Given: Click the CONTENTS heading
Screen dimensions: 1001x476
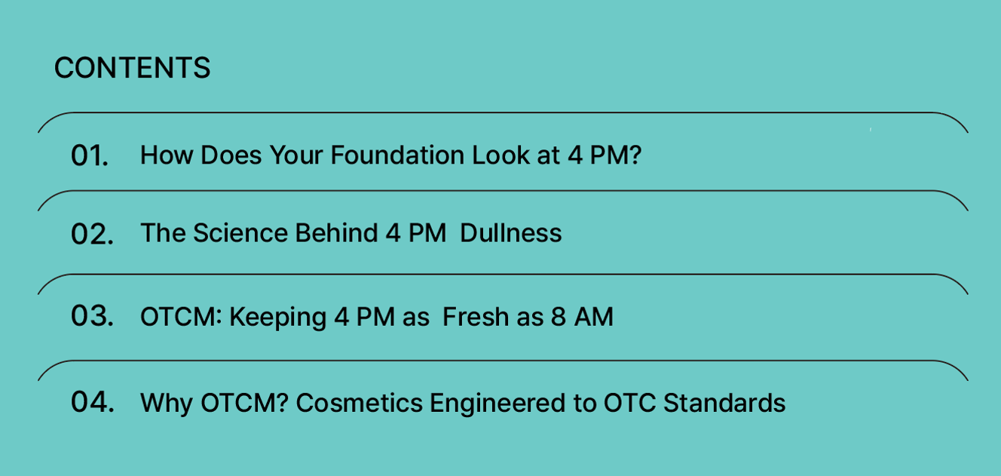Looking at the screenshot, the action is [x=132, y=68].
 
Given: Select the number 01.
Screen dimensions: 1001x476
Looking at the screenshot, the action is [x=90, y=155].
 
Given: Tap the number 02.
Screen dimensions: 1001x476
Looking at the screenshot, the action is [x=92, y=234].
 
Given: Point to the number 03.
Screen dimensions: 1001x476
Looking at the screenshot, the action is [x=92, y=316].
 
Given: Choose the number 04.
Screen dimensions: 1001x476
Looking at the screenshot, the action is [x=93, y=402].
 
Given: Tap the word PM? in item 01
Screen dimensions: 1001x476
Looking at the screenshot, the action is [x=616, y=155].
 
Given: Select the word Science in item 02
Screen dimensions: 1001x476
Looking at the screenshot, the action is [x=240, y=233].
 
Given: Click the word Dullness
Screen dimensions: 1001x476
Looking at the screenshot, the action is [x=511, y=233].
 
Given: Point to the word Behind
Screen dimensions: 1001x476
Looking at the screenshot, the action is [x=336, y=233].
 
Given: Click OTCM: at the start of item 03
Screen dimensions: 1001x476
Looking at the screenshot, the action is [x=181, y=317].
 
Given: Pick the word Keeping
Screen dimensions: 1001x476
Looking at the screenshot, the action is [x=278, y=318].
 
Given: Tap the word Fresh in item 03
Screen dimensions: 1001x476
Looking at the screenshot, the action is [x=476, y=317].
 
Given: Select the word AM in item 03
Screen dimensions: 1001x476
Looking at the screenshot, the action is [x=594, y=317].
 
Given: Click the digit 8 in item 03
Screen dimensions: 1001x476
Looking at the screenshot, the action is [x=559, y=317].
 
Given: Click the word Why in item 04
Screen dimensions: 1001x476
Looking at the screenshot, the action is [x=167, y=404].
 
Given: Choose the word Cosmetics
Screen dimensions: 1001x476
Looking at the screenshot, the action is [x=360, y=403].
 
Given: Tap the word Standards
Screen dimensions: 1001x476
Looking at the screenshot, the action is [x=724, y=403].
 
